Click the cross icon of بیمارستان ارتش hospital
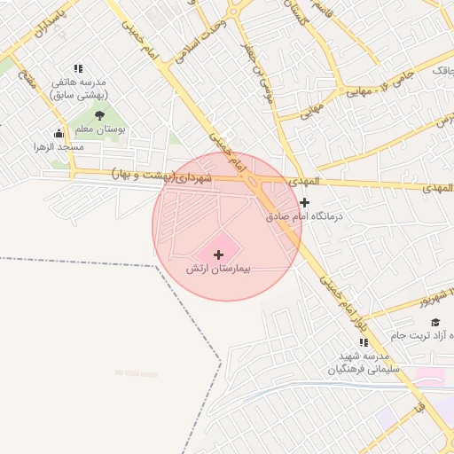(219, 254)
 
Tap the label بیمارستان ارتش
(219, 268)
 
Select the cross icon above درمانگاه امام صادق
(305, 202)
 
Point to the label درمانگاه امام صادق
(305, 215)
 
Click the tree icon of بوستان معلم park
(99, 115)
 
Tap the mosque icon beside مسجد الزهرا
(59, 134)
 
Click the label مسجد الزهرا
(59, 146)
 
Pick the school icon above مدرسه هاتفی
(78, 68)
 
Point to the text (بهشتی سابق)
(78, 93)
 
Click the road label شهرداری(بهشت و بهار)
(163, 177)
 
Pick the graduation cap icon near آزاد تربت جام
(435, 322)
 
